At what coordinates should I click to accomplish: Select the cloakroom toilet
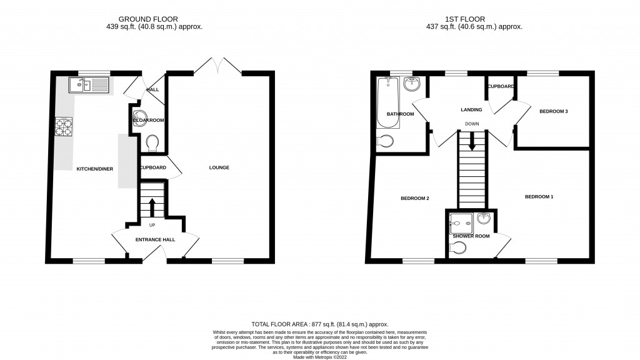152,144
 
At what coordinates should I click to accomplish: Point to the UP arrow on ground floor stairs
152,204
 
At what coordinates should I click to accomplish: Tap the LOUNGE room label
219,167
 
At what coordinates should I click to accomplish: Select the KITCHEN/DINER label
94,169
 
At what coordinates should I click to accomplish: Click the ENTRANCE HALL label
156,239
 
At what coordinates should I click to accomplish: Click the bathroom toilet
386,142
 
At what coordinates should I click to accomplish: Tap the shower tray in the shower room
461,220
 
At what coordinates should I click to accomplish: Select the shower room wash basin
484,219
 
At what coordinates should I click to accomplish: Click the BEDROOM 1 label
539,197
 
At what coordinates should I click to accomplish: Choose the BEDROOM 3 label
554,111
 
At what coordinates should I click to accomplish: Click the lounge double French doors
218,64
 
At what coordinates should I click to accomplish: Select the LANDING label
471,110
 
